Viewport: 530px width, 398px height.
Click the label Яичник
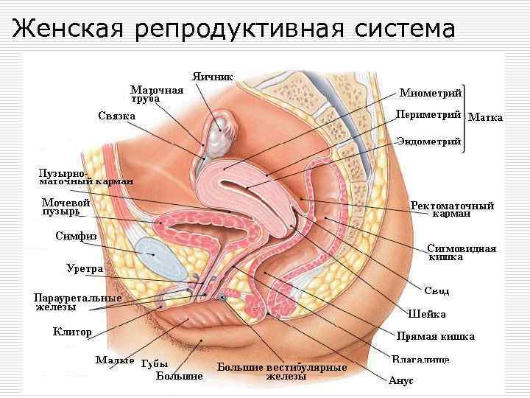pyautogui.click(x=213, y=76)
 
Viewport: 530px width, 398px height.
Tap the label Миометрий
pyautogui.click(x=430, y=94)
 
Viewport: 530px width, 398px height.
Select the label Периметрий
pyautogui.click(x=428, y=114)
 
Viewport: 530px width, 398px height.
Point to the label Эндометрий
pyautogui.click(x=428, y=141)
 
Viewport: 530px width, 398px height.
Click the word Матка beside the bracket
pyautogui.click(x=486, y=117)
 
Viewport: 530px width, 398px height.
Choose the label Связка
pyautogui.click(x=116, y=116)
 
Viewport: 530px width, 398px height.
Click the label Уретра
pyautogui.click(x=84, y=269)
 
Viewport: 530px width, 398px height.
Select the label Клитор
pyautogui.click(x=72, y=332)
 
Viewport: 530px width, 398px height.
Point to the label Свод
pyautogui.click(x=437, y=291)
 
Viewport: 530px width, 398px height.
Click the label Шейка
pyautogui.click(x=432, y=314)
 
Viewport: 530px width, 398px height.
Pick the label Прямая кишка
pyautogui.click(x=436, y=336)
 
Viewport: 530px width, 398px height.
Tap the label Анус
pyautogui.click(x=401, y=381)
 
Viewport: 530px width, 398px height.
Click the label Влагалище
pyautogui.click(x=420, y=360)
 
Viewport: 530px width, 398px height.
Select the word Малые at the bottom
pyautogui.click(x=115, y=361)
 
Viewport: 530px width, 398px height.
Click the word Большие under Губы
pyautogui.click(x=180, y=376)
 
